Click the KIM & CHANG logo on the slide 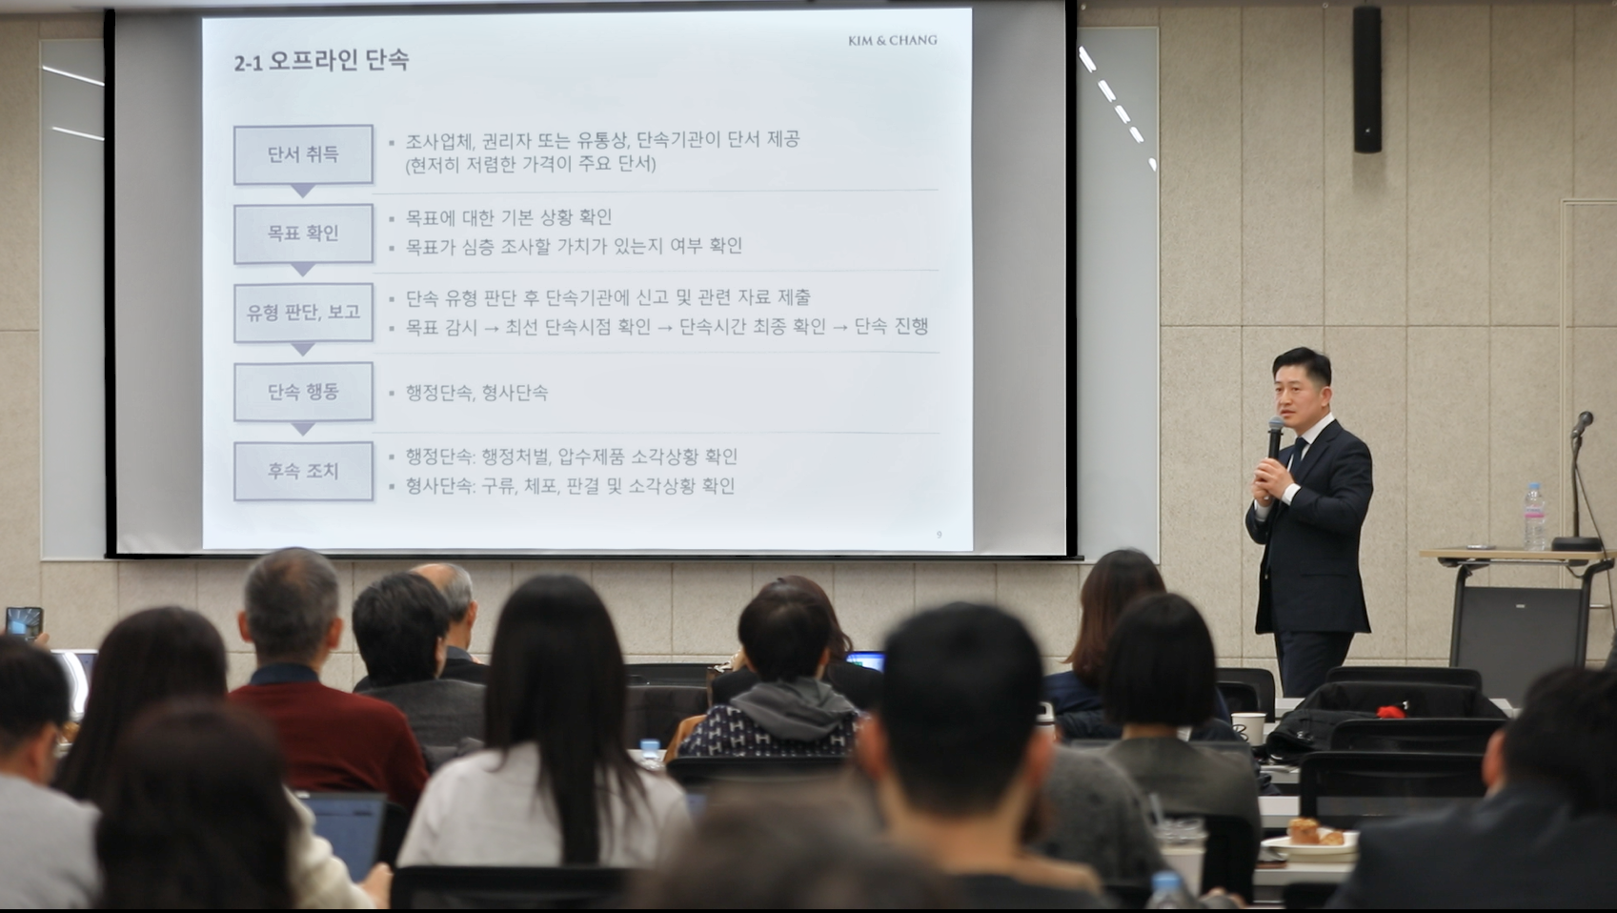coord(892,40)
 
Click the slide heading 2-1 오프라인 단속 coord(321,61)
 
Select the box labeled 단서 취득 coord(303,154)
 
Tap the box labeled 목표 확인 coord(303,233)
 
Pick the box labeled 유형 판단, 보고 coord(303,313)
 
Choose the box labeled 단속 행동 coord(303,392)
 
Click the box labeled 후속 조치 coord(303,472)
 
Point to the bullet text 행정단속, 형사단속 coord(476,393)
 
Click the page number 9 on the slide coord(940,535)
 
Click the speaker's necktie coord(1297,455)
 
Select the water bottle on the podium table coord(1535,517)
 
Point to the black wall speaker coord(1366,79)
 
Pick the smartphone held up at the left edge coord(24,623)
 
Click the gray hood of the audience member coord(794,708)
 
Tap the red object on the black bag coord(1392,711)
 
